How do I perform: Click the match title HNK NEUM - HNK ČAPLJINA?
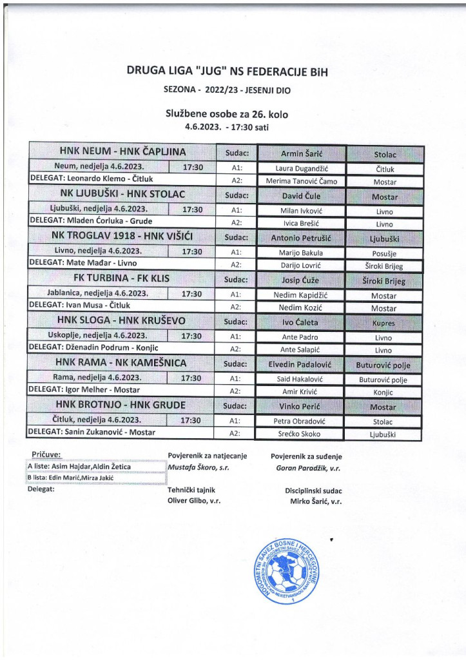coord(122,152)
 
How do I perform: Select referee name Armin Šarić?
coord(302,153)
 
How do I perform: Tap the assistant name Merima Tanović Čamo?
coord(302,181)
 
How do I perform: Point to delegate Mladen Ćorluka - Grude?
coord(92,222)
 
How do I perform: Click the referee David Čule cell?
coord(302,195)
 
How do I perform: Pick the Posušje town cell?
coord(384,253)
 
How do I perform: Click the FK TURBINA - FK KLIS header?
coord(122,279)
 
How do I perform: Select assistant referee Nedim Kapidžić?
coord(302,295)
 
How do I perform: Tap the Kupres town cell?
coord(384,322)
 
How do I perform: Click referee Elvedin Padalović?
coord(302,364)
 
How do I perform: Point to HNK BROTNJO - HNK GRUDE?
coord(122,405)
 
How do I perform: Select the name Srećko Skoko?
coord(302,434)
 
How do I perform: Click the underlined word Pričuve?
coord(46,455)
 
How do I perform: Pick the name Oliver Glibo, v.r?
coord(193,501)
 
